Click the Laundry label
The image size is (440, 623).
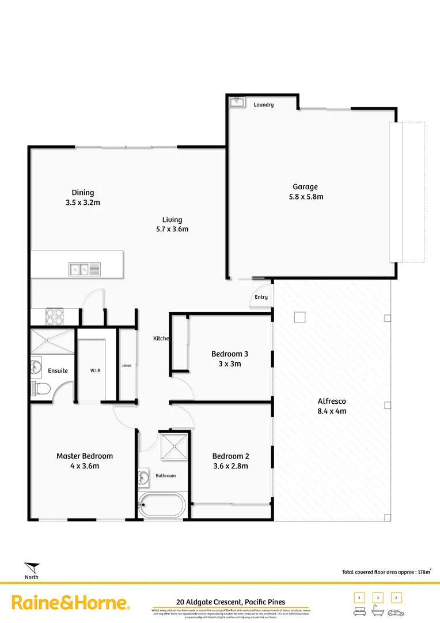pyautogui.click(x=263, y=105)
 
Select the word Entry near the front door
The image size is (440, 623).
pyautogui.click(x=261, y=297)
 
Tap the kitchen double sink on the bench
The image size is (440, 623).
pyautogui.click(x=84, y=269)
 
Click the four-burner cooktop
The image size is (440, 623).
pyautogui.click(x=54, y=317)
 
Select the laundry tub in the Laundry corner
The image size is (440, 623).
pyautogui.click(x=236, y=103)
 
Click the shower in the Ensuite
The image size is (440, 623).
pyautogui.click(x=52, y=341)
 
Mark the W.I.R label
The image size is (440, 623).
pyautogui.click(x=95, y=370)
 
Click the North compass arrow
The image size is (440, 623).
pyautogui.click(x=32, y=568)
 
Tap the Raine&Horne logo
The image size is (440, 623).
pyautogui.click(x=70, y=603)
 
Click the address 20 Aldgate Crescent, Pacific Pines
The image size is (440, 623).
pyautogui.click(x=230, y=602)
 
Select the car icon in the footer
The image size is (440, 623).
pyautogui.click(x=396, y=612)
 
